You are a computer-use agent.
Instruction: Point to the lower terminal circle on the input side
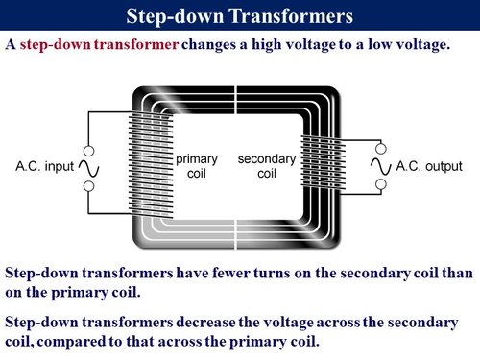[88, 186]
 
